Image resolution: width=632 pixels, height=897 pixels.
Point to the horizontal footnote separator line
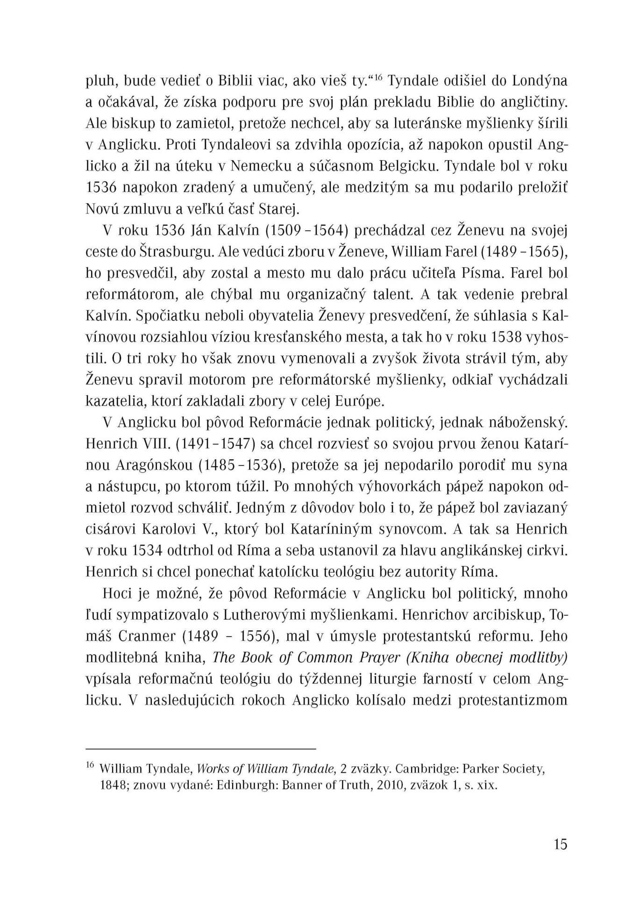point(201,749)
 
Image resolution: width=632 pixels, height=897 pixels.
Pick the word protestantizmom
point(513,700)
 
